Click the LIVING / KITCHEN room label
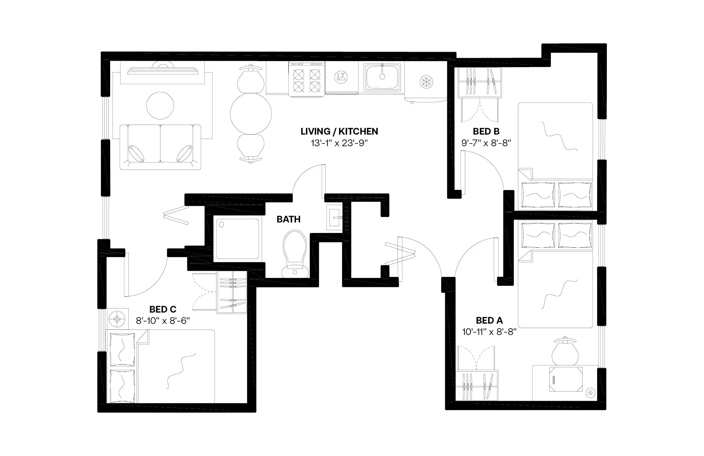pyautogui.click(x=339, y=131)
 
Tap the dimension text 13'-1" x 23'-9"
pyautogui.click(x=339, y=143)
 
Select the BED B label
pyautogui.click(x=486, y=131)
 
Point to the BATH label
pyautogui.click(x=289, y=219)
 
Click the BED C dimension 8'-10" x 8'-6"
pyautogui.click(x=163, y=321)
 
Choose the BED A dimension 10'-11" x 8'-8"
pyautogui.click(x=489, y=332)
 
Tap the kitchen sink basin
pyautogui.click(x=382, y=77)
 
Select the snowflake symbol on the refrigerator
pyautogui.click(x=426, y=82)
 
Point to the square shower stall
pyautogui.click(x=237, y=239)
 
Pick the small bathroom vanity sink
pyautogui.click(x=335, y=218)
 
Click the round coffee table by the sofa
pyautogui.click(x=160, y=105)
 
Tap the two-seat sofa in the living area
pyautogui.click(x=160, y=147)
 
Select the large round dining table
pyautogui.click(x=251, y=114)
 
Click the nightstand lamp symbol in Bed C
pyautogui.click(x=117, y=319)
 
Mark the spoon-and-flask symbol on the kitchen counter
pyautogui.click(x=341, y=77)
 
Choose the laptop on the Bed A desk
pyautogui.click(x=566, y=379)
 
